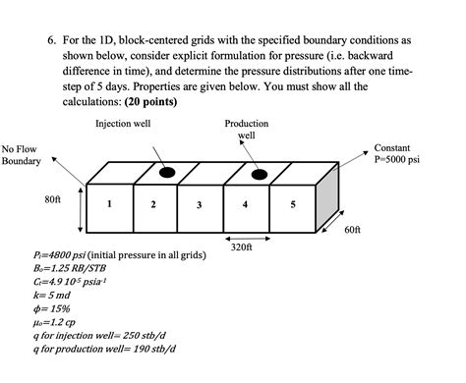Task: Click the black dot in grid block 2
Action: (x=167, y=174)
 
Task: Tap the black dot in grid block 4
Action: (x=259, y=175)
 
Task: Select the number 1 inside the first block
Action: (x=109, y=204)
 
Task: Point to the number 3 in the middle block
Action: (x=200, y=205)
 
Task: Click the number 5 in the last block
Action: (x=292, y=204)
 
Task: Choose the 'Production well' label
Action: (x=246, y=130)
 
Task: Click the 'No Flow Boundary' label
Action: (x=20, y=154)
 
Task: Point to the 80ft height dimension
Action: (x=52, y=199)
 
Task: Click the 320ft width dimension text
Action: (x=243, y=247)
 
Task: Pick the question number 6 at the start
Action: (x=51, y=42)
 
